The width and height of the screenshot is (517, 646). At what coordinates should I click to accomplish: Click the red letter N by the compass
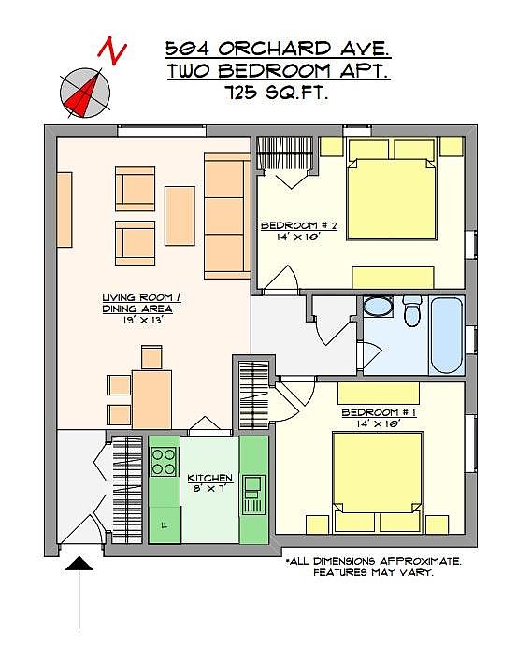tap(112, 50)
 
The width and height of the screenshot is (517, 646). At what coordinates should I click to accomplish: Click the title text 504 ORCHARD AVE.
tap(278, 49)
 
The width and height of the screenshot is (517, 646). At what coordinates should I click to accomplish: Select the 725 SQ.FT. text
tap(277, 93)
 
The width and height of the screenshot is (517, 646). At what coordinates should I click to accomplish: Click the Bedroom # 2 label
tap(299, 225)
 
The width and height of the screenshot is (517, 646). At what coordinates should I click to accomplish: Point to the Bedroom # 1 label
tap(379, 412)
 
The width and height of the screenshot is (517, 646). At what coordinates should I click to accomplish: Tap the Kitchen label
tap(210, 478)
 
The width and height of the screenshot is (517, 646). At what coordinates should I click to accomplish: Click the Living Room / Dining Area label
tap(141, 303)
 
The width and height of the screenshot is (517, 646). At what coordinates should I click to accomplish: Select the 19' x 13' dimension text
tap(142, 320)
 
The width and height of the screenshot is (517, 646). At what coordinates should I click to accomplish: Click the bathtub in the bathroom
tap(447, 335)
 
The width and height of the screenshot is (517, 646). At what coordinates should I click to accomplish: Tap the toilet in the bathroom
tap(412, 310)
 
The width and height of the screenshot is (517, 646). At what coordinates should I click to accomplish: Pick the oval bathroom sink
tap(379, 307)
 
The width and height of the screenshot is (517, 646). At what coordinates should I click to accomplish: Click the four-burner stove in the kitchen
tap(164, 462)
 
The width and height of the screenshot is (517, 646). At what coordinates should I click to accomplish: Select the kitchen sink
tap(253, 495)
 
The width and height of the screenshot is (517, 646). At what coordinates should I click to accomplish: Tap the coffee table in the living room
tap(180, 216)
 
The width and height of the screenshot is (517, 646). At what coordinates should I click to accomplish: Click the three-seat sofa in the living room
tap(227, 216)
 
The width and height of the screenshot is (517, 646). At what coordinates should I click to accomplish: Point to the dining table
tap(151, 399)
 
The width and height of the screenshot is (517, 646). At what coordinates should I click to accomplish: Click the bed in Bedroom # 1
tap(377, 481)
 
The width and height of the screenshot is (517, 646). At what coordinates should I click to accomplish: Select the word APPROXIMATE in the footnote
tap(420, 561)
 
